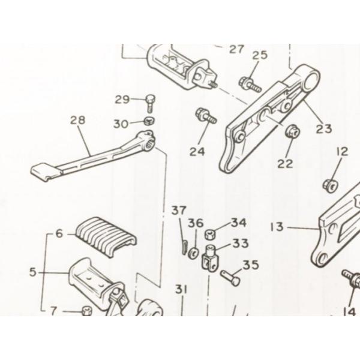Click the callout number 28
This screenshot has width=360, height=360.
pyautogui.click(x=77, y=121)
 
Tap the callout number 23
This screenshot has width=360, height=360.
pyautogui.click(x=324, y=129)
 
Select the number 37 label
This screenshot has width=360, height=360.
pyautogui.click(x=179, y=210)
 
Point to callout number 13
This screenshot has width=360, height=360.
pyautogui.click(x=277, y=227)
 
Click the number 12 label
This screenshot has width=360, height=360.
pyautogui.click(x=343, y=152)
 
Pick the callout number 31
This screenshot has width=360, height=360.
pyautogui.click(x=181, y=290)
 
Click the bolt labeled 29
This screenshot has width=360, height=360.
pyautogui.click(x=150, y=103)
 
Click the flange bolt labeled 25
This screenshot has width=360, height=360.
pyautogui.click(x=250, y=84)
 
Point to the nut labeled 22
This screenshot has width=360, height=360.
pyautogui.click(x=293, y=131)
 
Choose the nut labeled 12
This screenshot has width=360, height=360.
pyautogui.click(x=331, y=186)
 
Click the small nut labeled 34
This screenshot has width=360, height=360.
pyautogui.click(x=209, y=234)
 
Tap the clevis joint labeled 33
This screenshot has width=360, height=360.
pyautogui.click(x=210, y=259)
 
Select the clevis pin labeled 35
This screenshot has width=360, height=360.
pyautogui.click(x=230, y=278)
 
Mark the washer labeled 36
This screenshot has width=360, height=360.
pyautogui.click(x=193, y=253)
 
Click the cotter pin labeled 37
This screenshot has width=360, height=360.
pyautogui.click(x=185, y=247)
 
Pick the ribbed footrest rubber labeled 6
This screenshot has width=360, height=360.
pyautogui.click(x=106, y=236)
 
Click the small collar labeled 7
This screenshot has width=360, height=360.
pyautogui.click(x=87, y=311)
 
